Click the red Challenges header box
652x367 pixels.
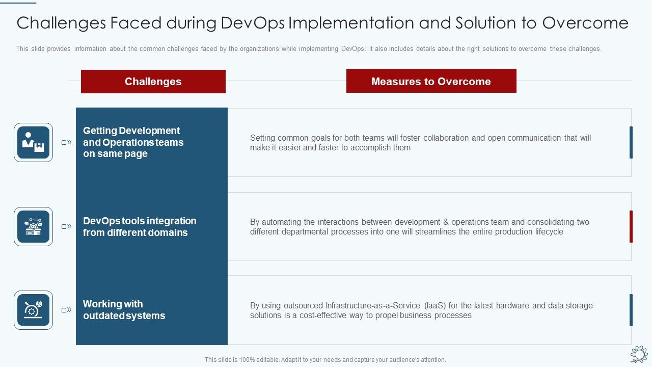[x=153, y=82]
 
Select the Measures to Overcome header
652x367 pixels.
[x=431, y=81]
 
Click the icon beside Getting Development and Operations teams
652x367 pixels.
[x=33, y=142]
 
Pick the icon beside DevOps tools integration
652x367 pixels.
[x=33, y=226]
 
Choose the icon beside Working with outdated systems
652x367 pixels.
[x=33, y=310]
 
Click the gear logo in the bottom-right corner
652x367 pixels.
[x=639, y=354]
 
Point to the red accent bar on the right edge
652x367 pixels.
[x=631, y=226]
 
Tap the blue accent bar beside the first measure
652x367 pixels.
[x=631, y=142]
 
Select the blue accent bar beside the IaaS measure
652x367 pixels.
[x=631, y=310]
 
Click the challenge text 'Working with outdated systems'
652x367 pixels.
[x=124, y=310]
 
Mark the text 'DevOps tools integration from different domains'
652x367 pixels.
[x=139, y=227]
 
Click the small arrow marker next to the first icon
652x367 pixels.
[x=67, y=143]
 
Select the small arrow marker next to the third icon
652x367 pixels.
[x=67, y=310]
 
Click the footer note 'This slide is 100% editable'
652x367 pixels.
[x=325, y=360]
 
